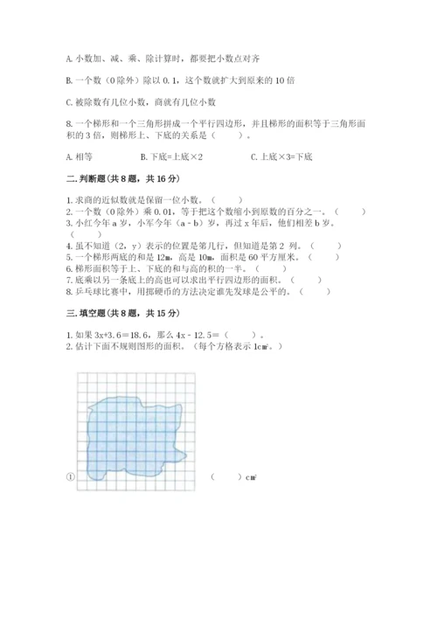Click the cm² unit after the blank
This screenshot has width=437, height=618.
click(251, 477)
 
